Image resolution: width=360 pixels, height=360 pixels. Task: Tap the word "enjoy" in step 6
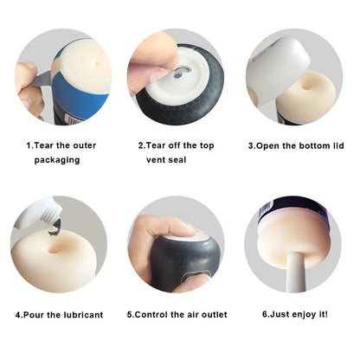click(304, 314)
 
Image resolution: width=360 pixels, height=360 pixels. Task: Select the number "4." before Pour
click(18, 314)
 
